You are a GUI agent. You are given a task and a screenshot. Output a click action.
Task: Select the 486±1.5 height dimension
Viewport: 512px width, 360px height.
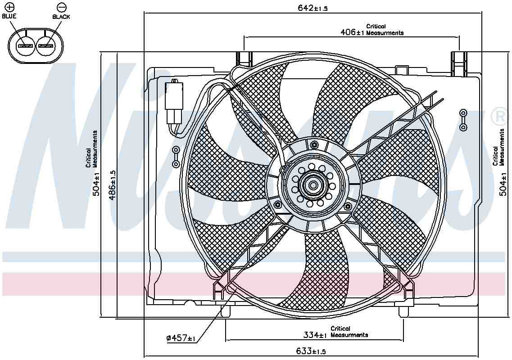click(x=113, y=185)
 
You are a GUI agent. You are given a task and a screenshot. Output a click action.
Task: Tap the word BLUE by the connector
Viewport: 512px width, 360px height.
click(x=9, y=16)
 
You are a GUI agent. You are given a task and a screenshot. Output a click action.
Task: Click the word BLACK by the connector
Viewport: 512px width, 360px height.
click(x=61, y=17)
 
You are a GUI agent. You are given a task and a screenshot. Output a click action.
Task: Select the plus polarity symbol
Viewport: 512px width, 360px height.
click(x=9, y=7)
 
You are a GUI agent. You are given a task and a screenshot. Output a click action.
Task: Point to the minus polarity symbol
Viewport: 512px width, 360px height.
click(x=61, y=7)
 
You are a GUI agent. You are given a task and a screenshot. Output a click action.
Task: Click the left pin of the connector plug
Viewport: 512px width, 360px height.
click(x=25, y=46)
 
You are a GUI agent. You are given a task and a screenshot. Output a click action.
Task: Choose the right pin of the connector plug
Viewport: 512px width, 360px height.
click(x=45, y=46)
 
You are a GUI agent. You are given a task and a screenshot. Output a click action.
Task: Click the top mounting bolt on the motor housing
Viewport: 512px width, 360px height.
click(x=314, y=144)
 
